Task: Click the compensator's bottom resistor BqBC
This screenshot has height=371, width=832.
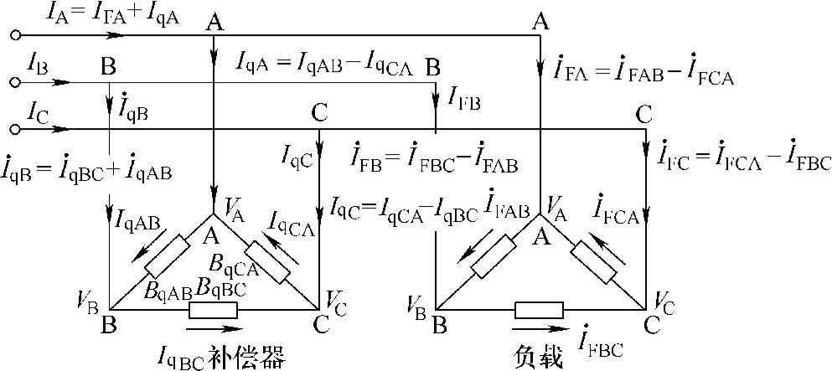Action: click(x=214, y=311)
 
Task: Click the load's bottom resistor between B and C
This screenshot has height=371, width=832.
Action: click(x=539, y=311)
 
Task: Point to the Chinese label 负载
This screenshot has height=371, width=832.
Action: click(x=536, y=357)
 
